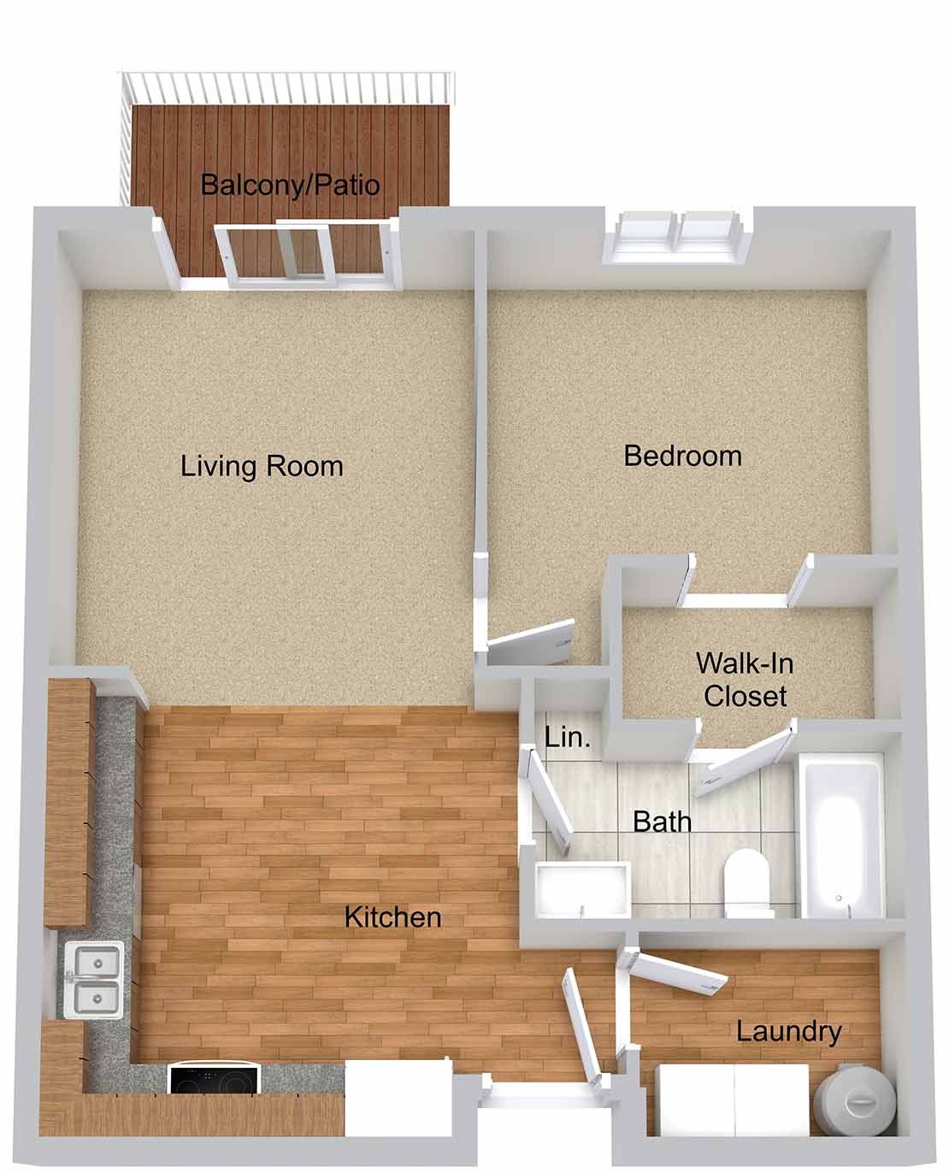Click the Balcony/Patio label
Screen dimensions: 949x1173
[291, 185]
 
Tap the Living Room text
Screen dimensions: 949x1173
[262, 467]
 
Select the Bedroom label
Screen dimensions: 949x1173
[682, 457]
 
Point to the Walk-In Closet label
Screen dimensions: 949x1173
[745, 680]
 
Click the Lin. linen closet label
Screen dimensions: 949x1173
[568, 737]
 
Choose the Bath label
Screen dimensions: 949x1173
[662, 822]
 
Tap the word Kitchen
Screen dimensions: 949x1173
[392, 917]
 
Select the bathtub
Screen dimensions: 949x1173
[842, 836]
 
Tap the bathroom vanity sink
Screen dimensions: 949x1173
[583, 891]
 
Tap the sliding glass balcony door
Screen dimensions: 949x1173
[307, 254]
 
